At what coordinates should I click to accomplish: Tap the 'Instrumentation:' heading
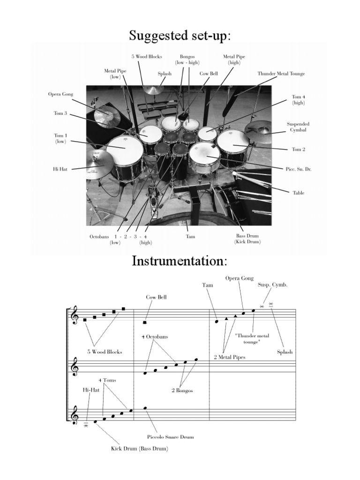[x=180, y=261]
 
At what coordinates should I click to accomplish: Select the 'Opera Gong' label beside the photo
[x=61, y=94]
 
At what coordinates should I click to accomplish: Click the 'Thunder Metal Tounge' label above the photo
[x=281, y=74]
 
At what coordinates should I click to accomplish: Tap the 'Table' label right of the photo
[x=299, y=193]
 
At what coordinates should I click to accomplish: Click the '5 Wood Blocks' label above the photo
[x=147, y=57]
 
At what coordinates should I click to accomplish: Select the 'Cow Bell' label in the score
[x=156, y=297]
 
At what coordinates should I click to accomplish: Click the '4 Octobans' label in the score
[x=154, y=337]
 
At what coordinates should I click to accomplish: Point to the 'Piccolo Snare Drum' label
[x=170, y=436]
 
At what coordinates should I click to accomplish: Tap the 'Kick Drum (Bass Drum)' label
[x=139, y=449]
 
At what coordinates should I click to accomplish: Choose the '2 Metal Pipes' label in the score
[x=229, y=357]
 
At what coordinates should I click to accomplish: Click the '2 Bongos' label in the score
[x=182, y=390]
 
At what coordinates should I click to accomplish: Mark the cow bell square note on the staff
[x=145, y=322]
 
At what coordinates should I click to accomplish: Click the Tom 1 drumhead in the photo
[x=124, y=148]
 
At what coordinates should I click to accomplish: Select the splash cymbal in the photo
[x=153, y=90]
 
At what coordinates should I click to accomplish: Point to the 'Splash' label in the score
[x=285, y=352]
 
